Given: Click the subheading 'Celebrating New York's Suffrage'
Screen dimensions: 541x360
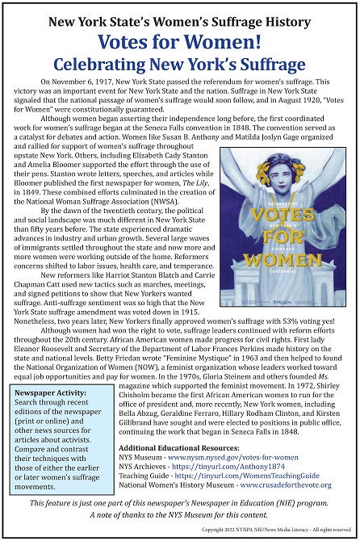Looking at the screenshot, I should click(x=179, y=65).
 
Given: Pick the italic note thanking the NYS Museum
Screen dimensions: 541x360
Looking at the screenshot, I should click(x=179, y=515).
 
